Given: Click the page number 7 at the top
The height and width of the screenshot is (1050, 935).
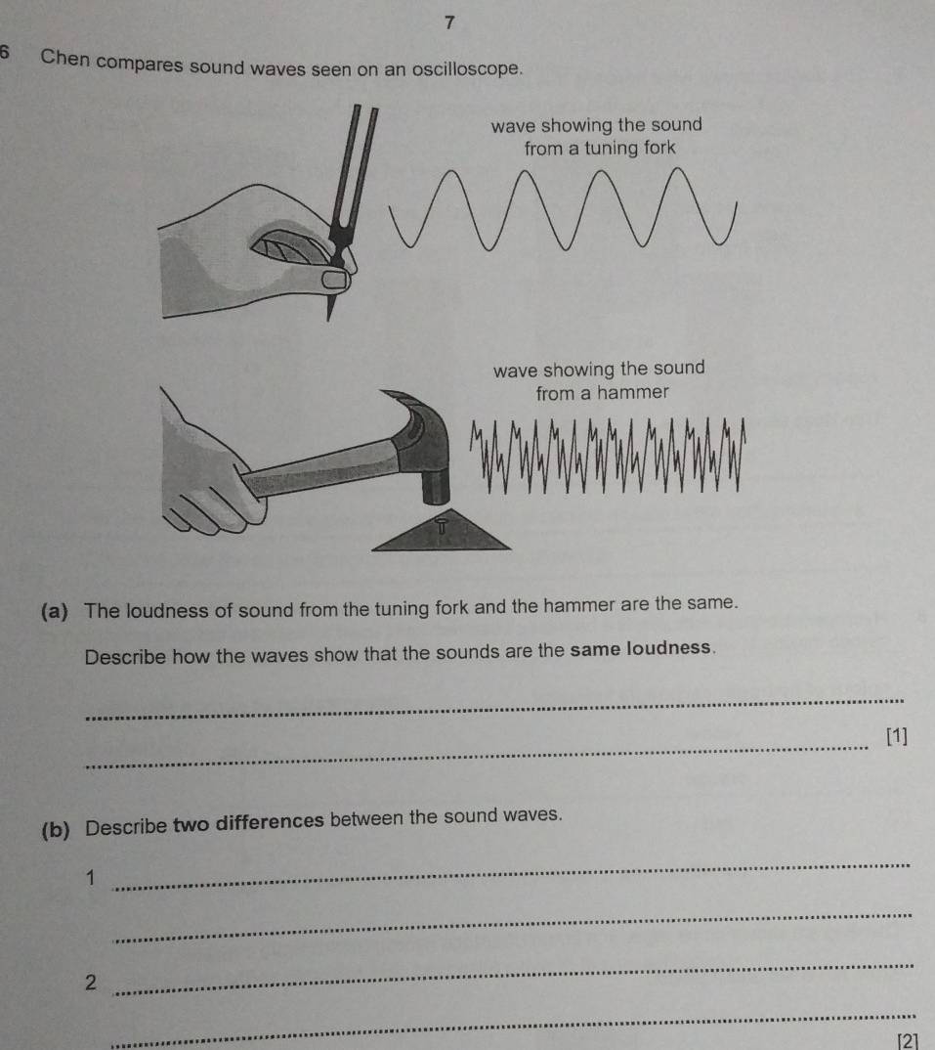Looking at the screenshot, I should [449, 22].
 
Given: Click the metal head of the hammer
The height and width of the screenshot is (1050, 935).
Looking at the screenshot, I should [425, 440].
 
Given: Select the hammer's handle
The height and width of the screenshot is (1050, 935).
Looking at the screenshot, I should [313, 467].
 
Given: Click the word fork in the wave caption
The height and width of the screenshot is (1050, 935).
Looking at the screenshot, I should [656, 149].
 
